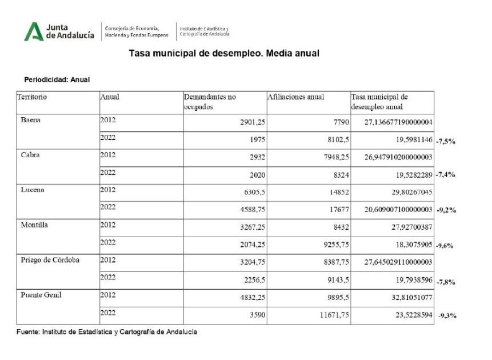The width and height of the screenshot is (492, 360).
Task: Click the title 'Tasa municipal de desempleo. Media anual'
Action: pos(224,53)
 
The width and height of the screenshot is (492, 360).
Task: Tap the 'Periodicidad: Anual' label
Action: pos(57,79)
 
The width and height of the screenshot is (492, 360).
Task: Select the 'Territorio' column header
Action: pos(33,97)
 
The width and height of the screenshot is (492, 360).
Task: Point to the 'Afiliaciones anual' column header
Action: pos(295,97)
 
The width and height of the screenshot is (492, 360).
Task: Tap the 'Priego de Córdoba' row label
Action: pos(50,260)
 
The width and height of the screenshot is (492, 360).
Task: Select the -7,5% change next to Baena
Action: pos(445,141)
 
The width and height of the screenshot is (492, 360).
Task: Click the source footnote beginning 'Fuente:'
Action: pos(107,332)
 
